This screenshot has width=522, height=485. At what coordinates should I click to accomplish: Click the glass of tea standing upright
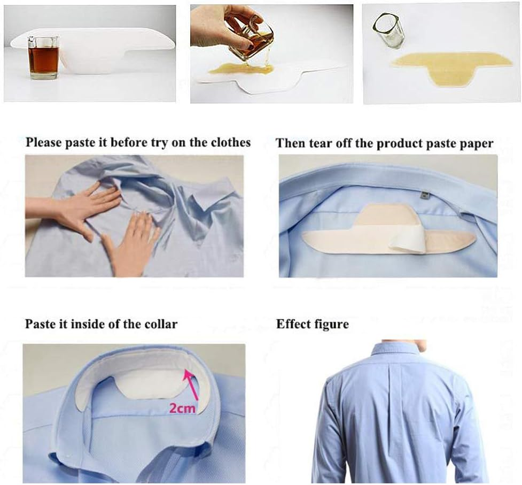tap(44, 58)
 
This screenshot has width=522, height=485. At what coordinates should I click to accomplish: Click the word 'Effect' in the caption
tap(292, 324)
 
